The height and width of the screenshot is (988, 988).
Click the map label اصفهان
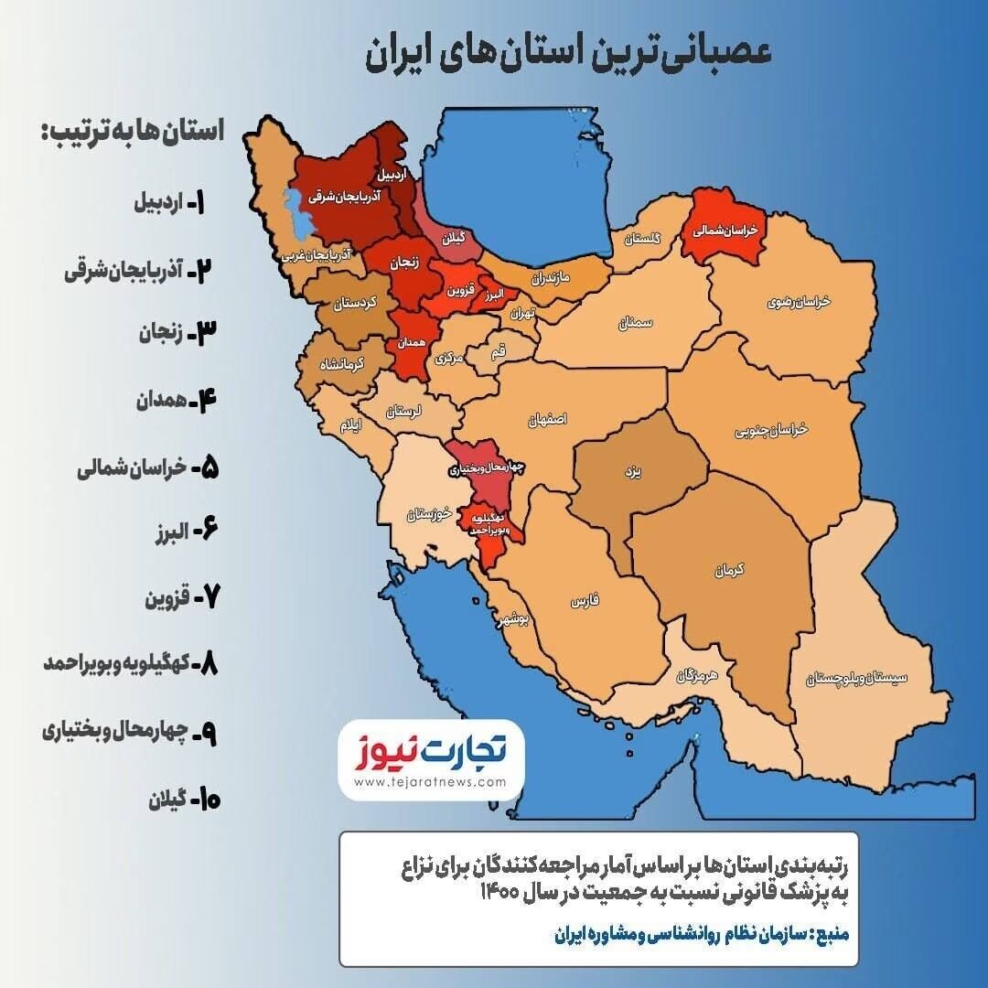point(547,419)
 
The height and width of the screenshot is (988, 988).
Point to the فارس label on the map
point(584,601)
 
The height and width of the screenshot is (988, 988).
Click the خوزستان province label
point(430,514)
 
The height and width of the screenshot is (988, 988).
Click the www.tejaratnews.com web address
point(430,782)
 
